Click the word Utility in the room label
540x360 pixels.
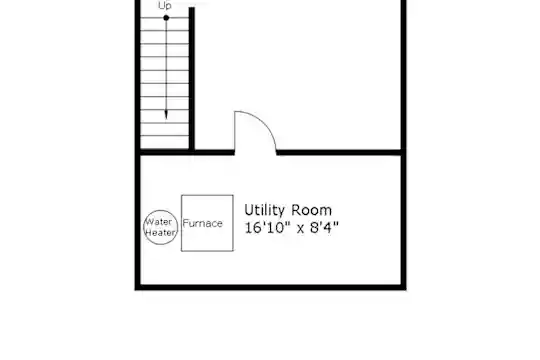click(264, 210)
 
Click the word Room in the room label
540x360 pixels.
click(311, 210)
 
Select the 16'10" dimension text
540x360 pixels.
click(268, 227)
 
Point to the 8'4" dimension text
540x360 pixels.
click(324, 227)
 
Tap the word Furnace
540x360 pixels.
click(202, 223)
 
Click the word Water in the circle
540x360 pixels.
click(159, 222)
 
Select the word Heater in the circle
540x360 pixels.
click(160, 233)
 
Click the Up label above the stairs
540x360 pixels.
click(165, 5)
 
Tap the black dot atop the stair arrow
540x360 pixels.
click(166, 18)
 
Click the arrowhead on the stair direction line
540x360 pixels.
click(166, 115)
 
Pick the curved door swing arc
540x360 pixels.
click(262, 121)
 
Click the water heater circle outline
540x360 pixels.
click(160, 210)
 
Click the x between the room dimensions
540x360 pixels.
click(300, 228)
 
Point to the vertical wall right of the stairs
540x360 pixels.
click(192, 79)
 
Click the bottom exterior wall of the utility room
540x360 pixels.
click(270, 287)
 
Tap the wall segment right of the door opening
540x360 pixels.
click(339, 152)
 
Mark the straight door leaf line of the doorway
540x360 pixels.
click(235, 131)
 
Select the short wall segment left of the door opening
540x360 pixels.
click(214, 152)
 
